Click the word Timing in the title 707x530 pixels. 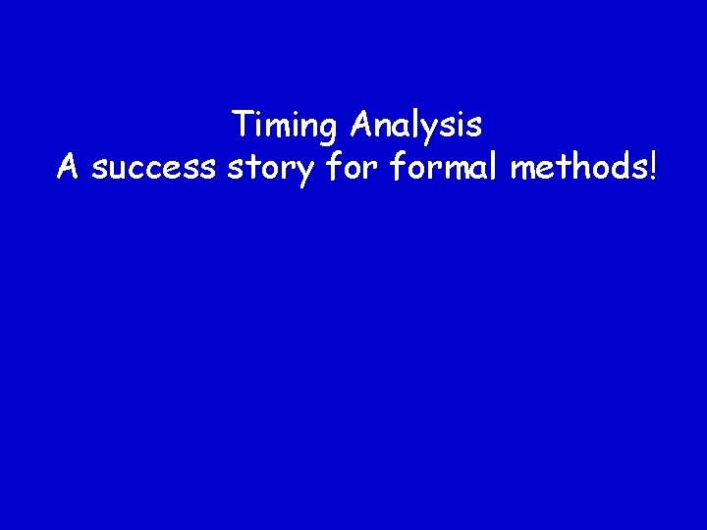286,126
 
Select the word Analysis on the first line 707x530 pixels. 416,126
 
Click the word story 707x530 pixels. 267,169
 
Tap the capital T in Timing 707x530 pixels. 242,125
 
